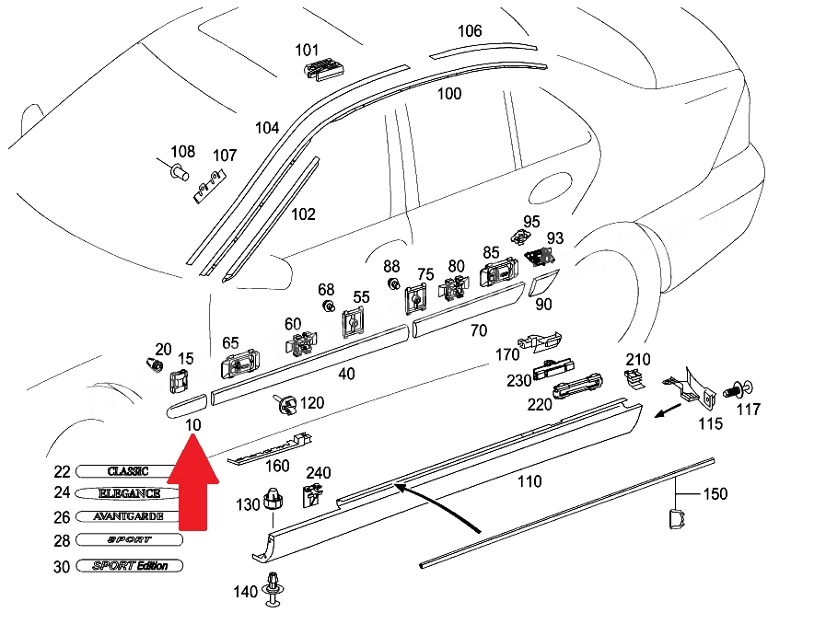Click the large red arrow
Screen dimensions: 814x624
click(x=193, y=482)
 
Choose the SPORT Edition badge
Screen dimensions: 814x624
click(x=130, y=566)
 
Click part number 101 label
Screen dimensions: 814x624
click(x=307, y=51)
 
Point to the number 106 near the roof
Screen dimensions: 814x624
click(x=470, y=31)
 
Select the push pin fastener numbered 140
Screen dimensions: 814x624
click(x=273, y=589)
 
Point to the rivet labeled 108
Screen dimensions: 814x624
click(x=177, y=170)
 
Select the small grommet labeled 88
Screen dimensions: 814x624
click(x=393, y=284)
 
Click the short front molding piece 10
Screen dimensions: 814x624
click(x=186, y=406)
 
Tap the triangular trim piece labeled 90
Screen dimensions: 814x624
click(x=543, y=283)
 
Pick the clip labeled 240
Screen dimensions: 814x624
click(x=312, y=494)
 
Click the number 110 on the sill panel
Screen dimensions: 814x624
click(x=529, y=481)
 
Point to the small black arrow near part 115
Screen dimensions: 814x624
click(x=669, y=410)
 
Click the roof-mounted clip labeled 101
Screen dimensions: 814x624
click(x=323, y=69)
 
